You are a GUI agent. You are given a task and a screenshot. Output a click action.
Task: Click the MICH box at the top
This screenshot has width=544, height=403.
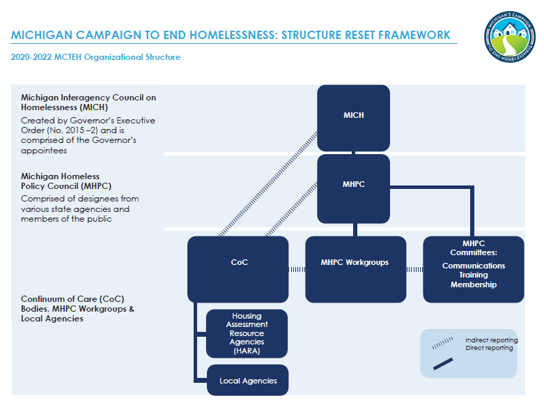coord(353,115)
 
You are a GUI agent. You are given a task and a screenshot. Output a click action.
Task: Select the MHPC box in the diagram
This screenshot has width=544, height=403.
coord(353,185)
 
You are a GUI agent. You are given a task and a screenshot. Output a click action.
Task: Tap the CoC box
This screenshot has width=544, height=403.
coord(238,263)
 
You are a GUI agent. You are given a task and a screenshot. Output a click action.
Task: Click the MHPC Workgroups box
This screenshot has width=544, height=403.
coord(355,263)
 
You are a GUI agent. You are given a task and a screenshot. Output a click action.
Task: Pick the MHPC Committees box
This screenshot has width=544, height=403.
coord(473,268)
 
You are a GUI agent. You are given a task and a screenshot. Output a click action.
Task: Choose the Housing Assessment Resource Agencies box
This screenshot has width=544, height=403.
coord(247,333)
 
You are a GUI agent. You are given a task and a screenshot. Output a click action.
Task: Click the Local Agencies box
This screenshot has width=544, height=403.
coord(247,381)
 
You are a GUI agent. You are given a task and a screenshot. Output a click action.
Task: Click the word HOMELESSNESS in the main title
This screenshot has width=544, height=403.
coord(230,35)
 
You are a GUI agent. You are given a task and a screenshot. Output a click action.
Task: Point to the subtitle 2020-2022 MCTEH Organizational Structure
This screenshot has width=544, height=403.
coord(95,57)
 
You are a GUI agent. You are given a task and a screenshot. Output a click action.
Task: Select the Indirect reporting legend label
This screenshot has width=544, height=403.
coord(491,340)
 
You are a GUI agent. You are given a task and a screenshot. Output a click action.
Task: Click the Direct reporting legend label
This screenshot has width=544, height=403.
coord(489,348)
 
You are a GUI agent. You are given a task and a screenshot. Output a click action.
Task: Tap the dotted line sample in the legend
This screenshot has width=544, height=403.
coord(442,343)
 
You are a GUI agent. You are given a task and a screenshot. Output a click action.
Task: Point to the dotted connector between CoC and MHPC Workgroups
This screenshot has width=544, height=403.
coord(297,269)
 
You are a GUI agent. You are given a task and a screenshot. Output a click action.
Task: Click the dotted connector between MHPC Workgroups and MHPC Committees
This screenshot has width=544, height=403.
coord(414,269)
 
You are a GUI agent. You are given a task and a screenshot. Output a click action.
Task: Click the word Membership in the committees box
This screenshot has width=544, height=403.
coord(473,284)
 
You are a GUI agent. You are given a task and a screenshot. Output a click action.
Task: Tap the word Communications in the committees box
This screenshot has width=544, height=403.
coord(473,266)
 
